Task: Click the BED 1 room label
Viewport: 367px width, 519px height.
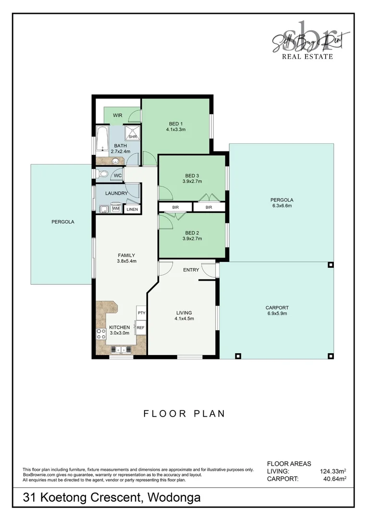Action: pos(176,124)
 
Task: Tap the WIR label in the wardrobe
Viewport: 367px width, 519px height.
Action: pos(118,116)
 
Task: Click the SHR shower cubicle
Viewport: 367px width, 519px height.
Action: pos(133,133)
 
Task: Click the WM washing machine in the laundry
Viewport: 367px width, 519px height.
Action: pos(116,209)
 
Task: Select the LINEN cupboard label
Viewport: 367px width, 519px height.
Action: pos(132,210)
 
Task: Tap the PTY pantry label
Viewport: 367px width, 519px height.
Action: pos(141,313)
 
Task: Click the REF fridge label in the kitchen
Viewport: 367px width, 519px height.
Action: pos(140,328)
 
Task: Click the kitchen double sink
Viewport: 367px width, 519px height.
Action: pos(119,349)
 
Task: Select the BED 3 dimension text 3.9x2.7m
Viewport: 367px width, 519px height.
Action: pos(192,182)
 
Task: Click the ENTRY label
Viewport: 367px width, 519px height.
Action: pos(191,270)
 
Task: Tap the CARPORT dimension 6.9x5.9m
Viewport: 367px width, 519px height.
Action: pos(277,314)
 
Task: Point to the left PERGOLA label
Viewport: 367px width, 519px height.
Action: pos(63,222)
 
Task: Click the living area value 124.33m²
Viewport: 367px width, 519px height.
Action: pos(333,471)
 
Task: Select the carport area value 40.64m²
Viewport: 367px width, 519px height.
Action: pos(334,479)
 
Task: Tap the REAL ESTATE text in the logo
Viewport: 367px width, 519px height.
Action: pos(307,56)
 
